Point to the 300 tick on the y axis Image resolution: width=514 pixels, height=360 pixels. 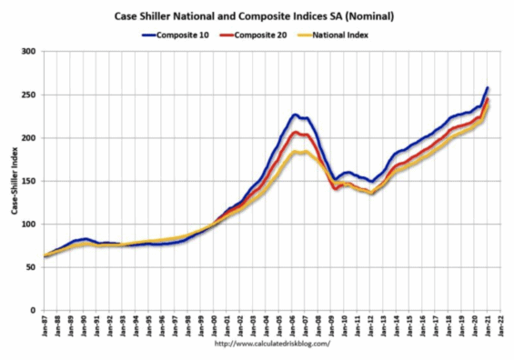click(x=28, y=52)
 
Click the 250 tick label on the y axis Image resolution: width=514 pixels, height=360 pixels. click(x=28, y=95)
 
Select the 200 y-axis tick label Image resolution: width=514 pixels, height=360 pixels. click(x=28, y=138)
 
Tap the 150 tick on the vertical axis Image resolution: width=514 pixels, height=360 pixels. click(x=28, y=181)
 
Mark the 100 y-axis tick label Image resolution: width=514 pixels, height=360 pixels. click(x=28, y=225)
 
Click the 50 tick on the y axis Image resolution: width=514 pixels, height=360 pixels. click(x=31, y=267)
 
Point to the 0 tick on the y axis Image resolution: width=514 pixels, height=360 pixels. click(x=34, y=311)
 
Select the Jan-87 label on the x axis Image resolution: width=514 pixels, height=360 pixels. click(x=43, y=325)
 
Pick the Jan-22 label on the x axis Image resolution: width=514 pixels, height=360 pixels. click(x=499, y=325)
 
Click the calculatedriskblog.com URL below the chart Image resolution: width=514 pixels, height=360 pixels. click(x=271, y=345)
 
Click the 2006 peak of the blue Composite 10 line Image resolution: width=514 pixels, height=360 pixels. click(x=295, y=115)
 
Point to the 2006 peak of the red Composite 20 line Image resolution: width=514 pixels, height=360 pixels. click(x=295, y=132)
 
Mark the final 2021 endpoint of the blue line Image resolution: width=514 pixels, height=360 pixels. click(x=488, y=87)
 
